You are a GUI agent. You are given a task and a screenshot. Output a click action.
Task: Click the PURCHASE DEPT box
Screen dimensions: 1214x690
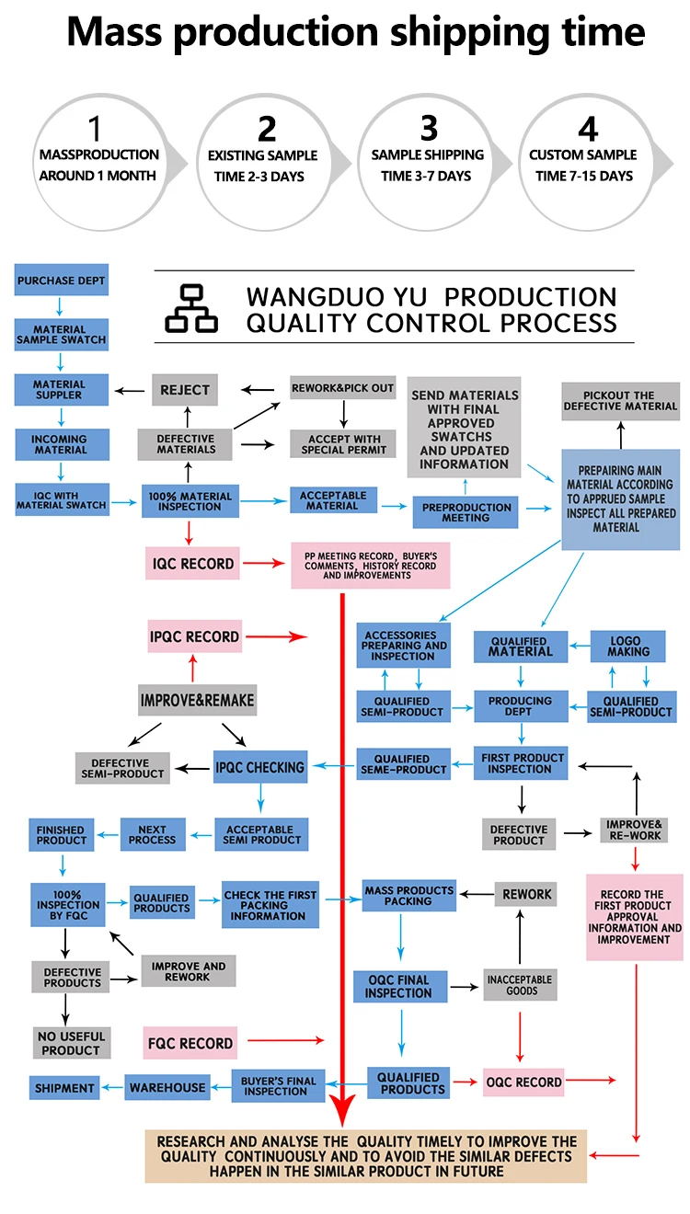point(62,281)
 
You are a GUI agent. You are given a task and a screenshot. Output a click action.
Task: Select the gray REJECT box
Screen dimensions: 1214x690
point(185,390)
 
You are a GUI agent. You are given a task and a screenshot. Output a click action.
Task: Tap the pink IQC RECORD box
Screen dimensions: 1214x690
point(192,563)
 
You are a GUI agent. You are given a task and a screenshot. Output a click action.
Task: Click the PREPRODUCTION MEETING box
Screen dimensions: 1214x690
point(466,511)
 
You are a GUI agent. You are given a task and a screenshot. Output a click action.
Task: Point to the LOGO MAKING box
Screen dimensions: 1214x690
point(628,646)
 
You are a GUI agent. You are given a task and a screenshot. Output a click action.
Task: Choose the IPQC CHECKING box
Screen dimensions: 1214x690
point(259,767)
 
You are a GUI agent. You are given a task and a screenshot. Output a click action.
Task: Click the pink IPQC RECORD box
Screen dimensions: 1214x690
point(194,636)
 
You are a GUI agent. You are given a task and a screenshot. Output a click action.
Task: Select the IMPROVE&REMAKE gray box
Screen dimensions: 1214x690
point(197,700)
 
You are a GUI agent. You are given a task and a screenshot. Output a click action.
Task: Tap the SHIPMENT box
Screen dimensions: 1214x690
point(64,1088)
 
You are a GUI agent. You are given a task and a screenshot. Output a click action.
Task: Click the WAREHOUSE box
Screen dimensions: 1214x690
point(167,1088)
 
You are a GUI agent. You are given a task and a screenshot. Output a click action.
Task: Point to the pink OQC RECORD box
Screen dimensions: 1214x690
point(523,1082)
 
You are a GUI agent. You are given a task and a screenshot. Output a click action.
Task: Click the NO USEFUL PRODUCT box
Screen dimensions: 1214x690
point(71,1043)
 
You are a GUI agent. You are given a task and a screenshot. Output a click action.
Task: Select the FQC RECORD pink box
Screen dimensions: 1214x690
point(190,1043)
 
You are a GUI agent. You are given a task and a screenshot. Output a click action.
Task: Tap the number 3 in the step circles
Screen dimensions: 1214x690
point(429,128)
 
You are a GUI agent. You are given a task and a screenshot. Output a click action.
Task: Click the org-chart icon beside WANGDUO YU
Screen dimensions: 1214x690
point(191,308)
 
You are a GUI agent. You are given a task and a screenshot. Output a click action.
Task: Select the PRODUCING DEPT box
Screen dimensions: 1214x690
point(520,706)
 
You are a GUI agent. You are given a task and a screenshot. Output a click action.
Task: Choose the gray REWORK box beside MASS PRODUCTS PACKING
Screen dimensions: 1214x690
point(526,894)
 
